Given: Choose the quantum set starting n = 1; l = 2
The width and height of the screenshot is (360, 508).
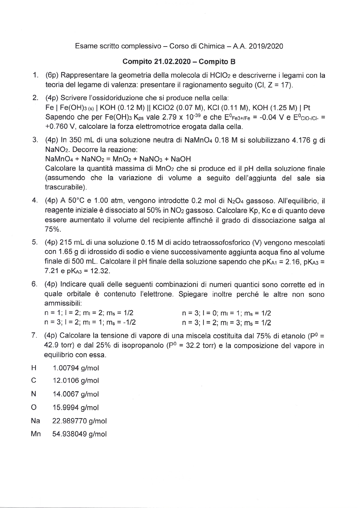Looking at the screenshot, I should coord(89,313).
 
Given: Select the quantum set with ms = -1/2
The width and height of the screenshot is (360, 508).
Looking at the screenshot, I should coord(90,322).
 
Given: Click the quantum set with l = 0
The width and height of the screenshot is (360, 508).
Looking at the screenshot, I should coord(226,313).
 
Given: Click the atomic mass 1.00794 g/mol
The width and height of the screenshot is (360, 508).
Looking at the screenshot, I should coord(76,368).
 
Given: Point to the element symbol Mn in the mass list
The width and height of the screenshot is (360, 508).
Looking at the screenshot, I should coord(35,434).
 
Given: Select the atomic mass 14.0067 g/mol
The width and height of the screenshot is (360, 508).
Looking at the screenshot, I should coord(76,394).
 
